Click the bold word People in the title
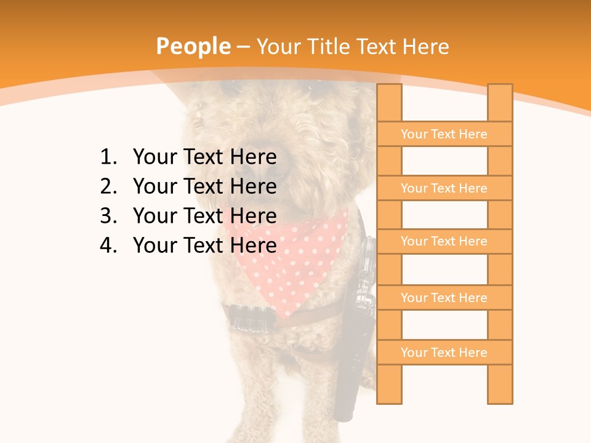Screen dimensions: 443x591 (193, 46)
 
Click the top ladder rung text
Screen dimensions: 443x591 (444, 134)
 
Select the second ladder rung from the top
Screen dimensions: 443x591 (444, 188)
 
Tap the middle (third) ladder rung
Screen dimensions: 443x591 (444, 241)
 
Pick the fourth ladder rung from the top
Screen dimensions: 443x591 (444, 298)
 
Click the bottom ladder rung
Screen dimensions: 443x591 (444, 353)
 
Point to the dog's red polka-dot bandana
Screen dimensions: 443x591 (289, 258)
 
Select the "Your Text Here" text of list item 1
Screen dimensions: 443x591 (204, 158)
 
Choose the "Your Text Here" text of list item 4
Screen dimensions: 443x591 (204, 245)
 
